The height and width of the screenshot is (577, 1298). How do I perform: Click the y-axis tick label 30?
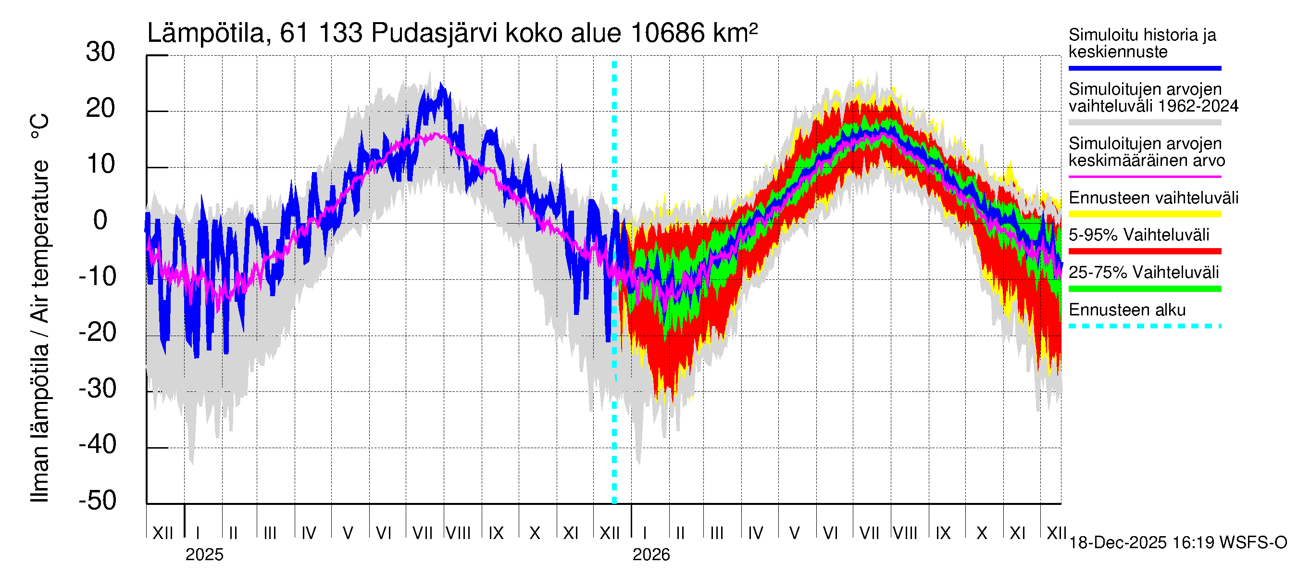click(x=100, y=52)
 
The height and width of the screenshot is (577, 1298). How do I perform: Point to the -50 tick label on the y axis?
click(x=98, y=501)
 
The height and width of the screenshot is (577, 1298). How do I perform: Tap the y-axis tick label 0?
click(x=100, y=221)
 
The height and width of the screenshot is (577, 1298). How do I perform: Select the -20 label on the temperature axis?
click(x=98, y=333)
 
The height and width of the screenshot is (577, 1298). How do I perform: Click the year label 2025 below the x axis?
click(x=204, y=555)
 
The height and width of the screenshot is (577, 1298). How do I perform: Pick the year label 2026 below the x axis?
click(x=651, y=555)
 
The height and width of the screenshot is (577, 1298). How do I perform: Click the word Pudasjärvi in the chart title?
click(x=434, y=33)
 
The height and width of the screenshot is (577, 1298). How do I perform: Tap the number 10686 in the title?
click(x=667, y=33)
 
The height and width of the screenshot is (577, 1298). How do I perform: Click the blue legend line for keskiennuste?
click(x=1144, y=68)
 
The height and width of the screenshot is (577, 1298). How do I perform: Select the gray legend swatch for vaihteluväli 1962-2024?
click(x=1144, y=123)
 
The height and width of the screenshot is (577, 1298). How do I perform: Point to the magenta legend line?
click(x=1144, y=177)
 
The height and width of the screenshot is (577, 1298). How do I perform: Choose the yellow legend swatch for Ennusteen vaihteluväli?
click(x=1144, y=214)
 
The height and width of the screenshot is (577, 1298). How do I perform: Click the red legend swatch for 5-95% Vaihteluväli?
click(x=1144, y=251)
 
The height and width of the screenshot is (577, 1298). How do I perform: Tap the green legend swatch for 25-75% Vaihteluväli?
click(x=1144, y=289)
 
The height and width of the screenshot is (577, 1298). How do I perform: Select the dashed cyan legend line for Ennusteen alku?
click(x=1144, y=326)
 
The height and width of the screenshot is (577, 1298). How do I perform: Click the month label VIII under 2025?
click(x=458, y=533)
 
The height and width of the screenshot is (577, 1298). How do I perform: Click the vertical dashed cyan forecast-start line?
click(x=614, y=403)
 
